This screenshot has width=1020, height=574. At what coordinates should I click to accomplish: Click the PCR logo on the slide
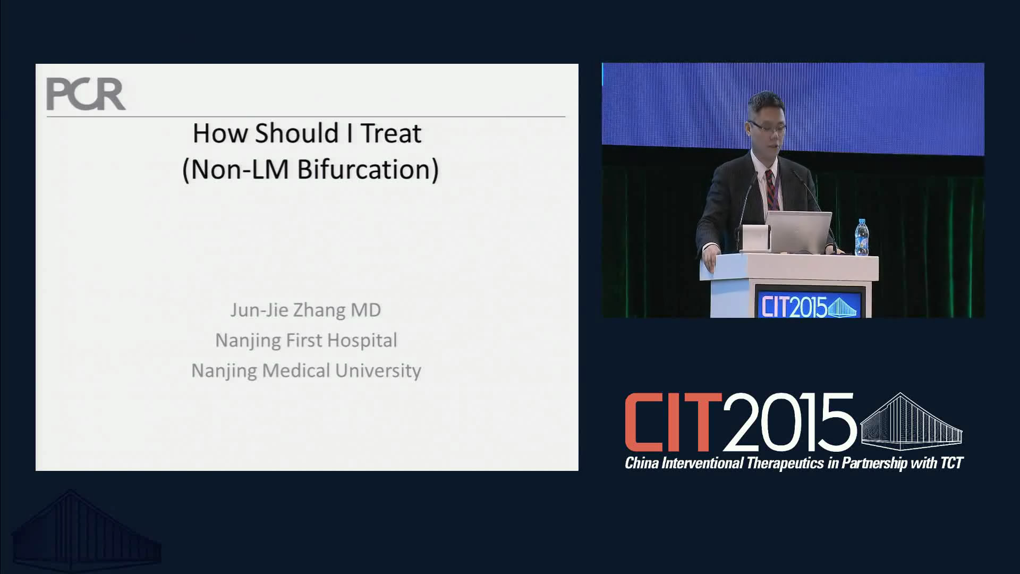coord(86,94)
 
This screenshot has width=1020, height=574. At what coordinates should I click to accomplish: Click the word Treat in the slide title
coord(391,133)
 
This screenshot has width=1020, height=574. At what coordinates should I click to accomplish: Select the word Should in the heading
coord(296,133)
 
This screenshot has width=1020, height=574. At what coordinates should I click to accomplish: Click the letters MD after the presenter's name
coord(365,310)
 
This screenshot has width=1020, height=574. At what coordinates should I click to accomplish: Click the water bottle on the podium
coord(861,237)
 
